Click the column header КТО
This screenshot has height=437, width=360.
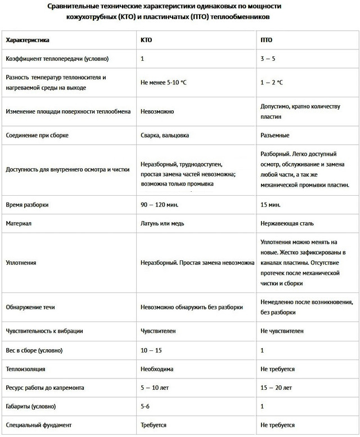tap(146, 40)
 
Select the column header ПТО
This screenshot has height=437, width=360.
tap(267, 40)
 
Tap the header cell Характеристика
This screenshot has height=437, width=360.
tap(27, 40)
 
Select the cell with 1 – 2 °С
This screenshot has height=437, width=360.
tap(272, 82)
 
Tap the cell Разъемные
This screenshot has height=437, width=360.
tap(275, 136)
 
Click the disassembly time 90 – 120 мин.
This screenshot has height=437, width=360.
tap(160, 205)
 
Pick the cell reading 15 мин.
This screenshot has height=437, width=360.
tap(271, 205)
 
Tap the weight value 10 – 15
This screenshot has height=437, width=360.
tap(151, 350)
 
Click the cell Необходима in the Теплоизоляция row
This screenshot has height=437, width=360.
tap(157, 370)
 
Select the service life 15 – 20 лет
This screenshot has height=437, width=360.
tap(276, 388)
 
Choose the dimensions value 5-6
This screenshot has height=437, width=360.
tap(146, 406)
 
